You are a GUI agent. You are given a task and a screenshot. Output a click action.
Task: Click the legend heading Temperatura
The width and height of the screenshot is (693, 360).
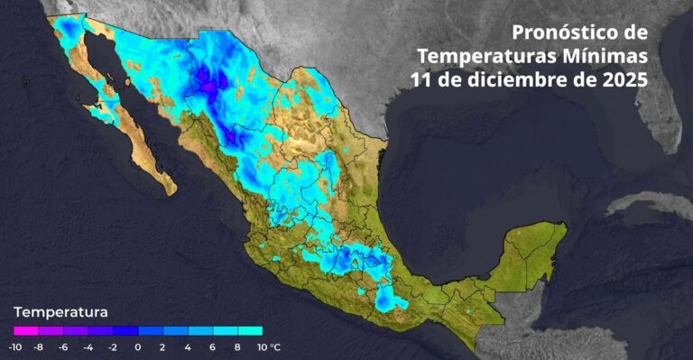click(60, 312)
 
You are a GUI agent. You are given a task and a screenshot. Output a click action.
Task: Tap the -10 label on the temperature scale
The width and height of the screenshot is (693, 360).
click(15, 346)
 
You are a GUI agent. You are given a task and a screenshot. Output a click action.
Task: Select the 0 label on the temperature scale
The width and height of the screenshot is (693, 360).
click(138, 346)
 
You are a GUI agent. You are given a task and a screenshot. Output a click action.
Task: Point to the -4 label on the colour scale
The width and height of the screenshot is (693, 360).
click(88, 346)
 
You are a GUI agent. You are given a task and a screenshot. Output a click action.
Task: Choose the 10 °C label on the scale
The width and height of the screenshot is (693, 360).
click(267, 346)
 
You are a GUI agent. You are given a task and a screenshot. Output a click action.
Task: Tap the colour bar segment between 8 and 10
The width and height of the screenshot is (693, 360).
click(250, 331)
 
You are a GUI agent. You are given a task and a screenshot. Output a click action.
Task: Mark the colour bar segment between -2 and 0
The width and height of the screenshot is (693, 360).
click(125, 331)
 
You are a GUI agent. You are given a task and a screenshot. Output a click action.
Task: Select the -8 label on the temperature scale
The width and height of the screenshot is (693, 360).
click(38, 346)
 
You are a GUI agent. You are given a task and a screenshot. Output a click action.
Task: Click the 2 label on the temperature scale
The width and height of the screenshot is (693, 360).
click(162, 346)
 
